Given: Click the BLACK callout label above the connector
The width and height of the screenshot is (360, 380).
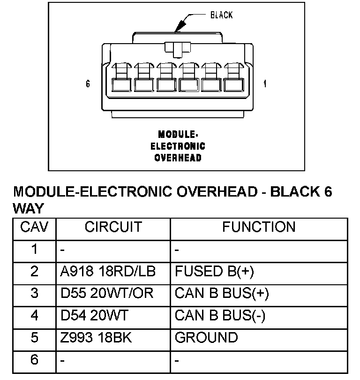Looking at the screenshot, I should click(x=221, y=15).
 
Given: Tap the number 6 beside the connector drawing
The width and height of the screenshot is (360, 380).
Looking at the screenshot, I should click(x=88, y=84).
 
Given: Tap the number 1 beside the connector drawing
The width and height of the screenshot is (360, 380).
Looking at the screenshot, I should click(x=265, y=84).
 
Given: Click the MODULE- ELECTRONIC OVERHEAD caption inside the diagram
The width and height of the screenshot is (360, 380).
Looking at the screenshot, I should click(x=178, y=145).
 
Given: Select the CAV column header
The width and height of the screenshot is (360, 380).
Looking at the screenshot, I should click(x=34, y=228).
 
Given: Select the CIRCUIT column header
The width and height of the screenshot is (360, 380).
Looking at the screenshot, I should click(x=113, y=228).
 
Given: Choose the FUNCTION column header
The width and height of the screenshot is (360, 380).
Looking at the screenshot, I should click(x=259, y=228).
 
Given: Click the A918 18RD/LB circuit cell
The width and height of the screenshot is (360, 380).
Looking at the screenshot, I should click(x=108, y=272).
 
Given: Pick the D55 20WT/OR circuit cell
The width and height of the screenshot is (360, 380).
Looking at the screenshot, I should click(x=107, y=294).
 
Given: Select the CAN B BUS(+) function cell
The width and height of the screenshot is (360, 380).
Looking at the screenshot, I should click(x=222, y=294).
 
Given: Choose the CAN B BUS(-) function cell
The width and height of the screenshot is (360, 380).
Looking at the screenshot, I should click(x=220, y=316).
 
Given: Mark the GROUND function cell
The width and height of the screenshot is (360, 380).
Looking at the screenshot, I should click(x=206, y=338).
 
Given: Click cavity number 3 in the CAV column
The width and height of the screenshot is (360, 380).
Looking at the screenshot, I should click(x=34, y=294).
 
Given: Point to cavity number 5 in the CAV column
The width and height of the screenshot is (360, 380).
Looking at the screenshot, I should click(x=34, y=338).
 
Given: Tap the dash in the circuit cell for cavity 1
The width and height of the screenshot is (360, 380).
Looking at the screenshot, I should click(x=63, y=250).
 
